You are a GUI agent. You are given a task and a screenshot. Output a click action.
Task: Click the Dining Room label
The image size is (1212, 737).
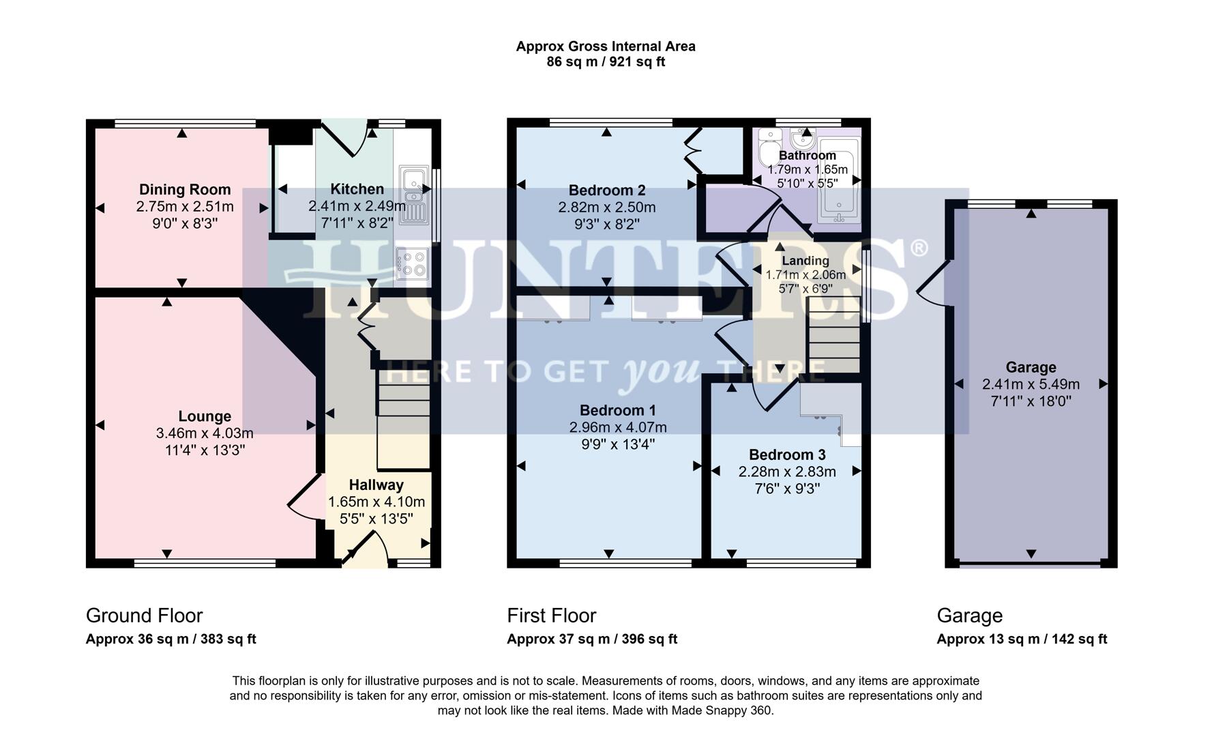pyautogui.click(x=185, y=190)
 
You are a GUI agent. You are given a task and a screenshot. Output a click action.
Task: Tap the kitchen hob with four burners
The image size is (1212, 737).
pyautogui.click(x=412, y=263)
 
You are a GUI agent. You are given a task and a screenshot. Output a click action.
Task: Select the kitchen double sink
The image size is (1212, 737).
pyautogui.click(x=413, y=197)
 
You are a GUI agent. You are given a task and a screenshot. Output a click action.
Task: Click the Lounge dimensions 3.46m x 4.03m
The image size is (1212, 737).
pyautogui.click(x=205, y=433)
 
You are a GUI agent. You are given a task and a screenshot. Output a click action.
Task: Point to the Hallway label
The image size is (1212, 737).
pyautogui.click(x=376, y=485)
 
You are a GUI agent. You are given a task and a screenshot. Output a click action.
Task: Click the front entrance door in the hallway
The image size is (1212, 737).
pyautogui.click(x=365, y=550)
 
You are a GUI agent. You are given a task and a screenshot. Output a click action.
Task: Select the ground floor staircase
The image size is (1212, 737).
pyautogui.click(x=403, y=420)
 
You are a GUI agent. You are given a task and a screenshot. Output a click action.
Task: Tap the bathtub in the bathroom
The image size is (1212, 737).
pyautogui.click(x=840, y=180)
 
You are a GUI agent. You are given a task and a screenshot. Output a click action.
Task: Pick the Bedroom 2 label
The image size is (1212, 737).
pyautogui.click(x=606, y=190)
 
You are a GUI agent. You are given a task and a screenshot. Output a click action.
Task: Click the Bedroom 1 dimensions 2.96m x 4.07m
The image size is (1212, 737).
pyautogui.click(x=618, y=428)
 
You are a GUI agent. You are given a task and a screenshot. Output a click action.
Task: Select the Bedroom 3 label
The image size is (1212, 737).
pyautogui.click(x=786, y=455)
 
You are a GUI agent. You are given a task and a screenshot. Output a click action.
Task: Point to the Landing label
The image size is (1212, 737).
pyautogui.click(x=805, y=261)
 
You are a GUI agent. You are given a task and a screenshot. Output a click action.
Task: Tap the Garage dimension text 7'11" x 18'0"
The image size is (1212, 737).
pyautogui.click(x=1031, y=401)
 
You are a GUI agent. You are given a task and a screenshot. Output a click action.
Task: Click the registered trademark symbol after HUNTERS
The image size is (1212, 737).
pyautogui.click(x=919, y=248)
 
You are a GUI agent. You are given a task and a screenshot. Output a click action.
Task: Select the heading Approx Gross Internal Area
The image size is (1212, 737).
pyautogui.click(x=605, y=46)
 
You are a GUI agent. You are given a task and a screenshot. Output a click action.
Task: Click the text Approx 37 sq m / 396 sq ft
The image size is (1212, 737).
pyautogui.click(x=591, y=639)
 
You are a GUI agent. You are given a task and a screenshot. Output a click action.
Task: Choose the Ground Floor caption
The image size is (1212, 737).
pyautogui.click(x=144, y=616)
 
